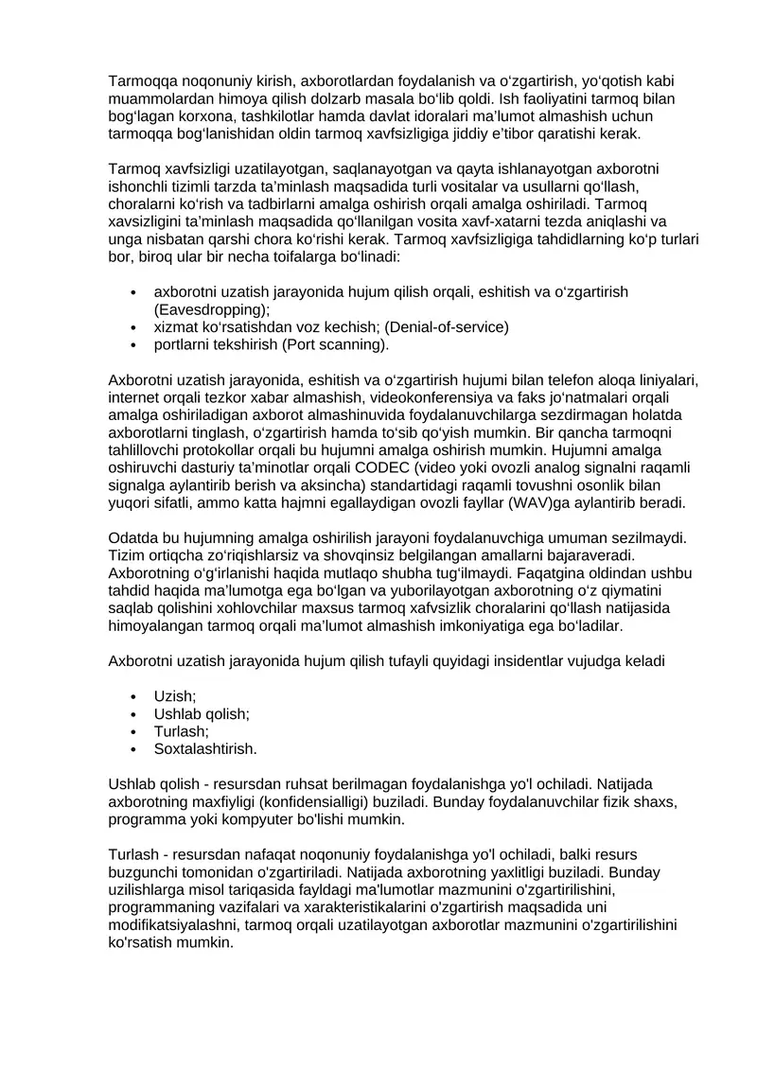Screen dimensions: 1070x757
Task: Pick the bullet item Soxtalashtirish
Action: pyautogui.click(x=205, y=748)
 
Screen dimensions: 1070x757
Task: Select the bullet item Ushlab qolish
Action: pyautogui.click(x=202, y=714)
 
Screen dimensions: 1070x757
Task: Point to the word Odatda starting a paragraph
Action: pyautogui.click(x=133, y=537)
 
